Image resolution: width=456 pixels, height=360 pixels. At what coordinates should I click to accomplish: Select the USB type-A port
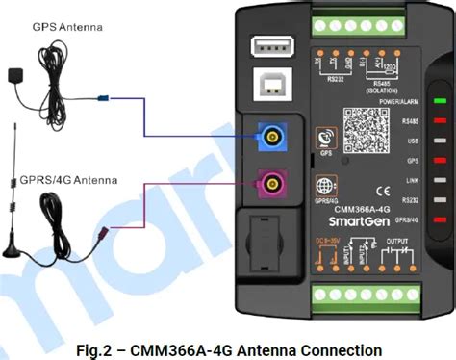click(x=266, y=46)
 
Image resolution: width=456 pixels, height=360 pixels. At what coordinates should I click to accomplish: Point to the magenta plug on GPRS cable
click(x=99, y=234)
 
